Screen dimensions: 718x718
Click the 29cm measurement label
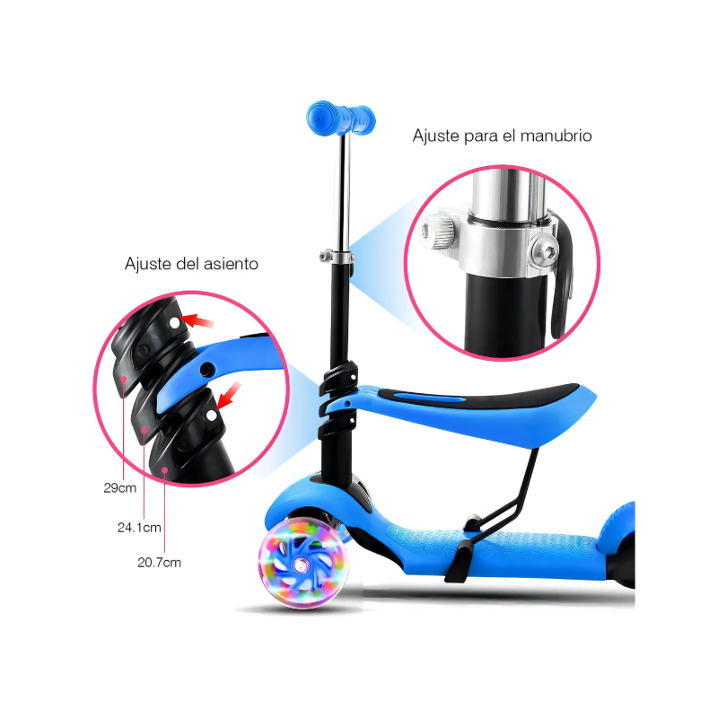120,488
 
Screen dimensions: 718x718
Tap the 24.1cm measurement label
139,528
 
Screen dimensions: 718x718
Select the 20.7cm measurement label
160,563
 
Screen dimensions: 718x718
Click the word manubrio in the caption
556,136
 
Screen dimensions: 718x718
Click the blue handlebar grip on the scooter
341,118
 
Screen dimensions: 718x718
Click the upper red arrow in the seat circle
197,320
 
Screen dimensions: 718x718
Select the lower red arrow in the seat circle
229,396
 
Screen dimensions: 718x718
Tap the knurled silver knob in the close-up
437,232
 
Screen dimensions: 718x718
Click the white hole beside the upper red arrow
174,323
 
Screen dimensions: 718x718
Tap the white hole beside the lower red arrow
211,416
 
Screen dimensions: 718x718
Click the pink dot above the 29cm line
123,379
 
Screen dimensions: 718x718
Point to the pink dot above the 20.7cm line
164,469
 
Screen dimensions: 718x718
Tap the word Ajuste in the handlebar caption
436,136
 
